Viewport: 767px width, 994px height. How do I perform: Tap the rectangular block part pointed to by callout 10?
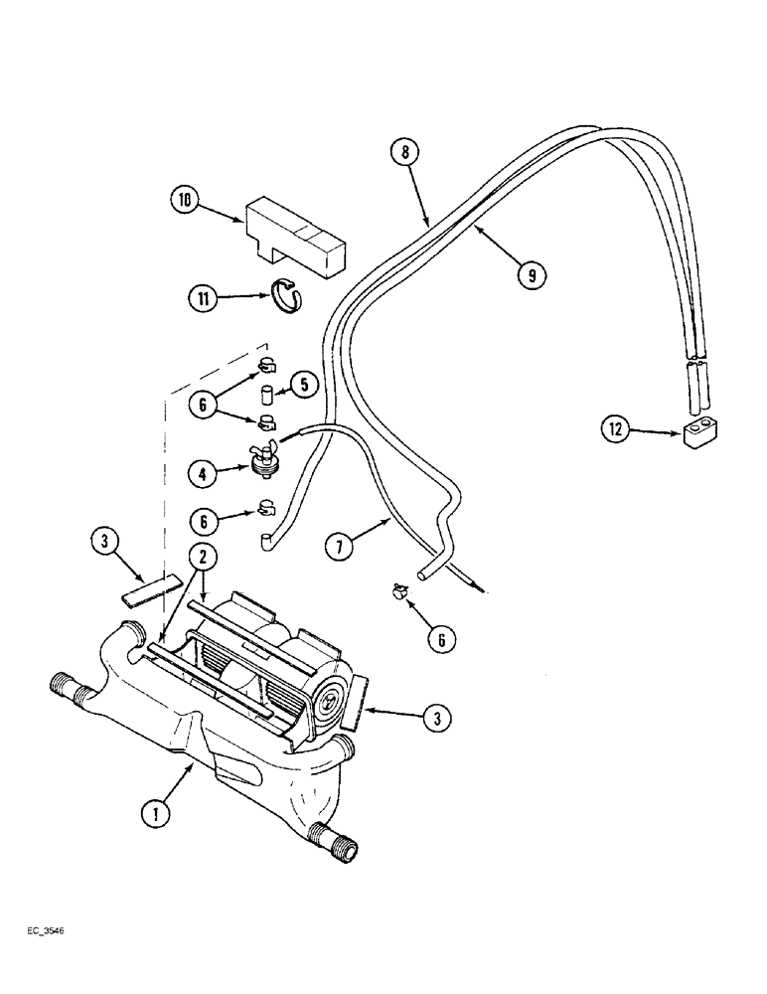296,238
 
